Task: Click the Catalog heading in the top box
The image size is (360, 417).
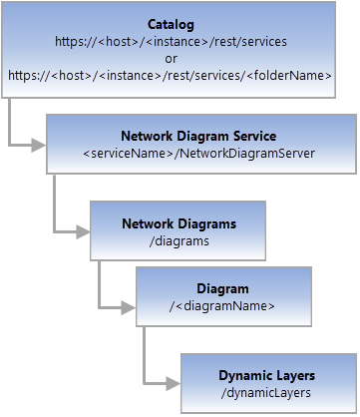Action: pos(171,23)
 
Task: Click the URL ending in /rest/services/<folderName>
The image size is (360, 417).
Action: pos(171,75)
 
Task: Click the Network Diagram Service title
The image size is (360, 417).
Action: pos(198,137)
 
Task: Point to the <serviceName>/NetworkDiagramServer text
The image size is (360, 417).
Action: pos(198,154)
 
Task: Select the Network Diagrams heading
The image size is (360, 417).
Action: pos(179,223)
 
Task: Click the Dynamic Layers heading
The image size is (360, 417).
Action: pos(267,376)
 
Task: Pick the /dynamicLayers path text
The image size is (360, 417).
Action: pos(267,393)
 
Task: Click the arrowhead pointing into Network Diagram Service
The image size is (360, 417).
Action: pos(39,146)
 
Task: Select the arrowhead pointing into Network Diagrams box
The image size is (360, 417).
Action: pos(83,231)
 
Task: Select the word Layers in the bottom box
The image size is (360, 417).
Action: pos(295,376)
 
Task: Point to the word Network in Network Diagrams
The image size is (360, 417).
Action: pos(149,223)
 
